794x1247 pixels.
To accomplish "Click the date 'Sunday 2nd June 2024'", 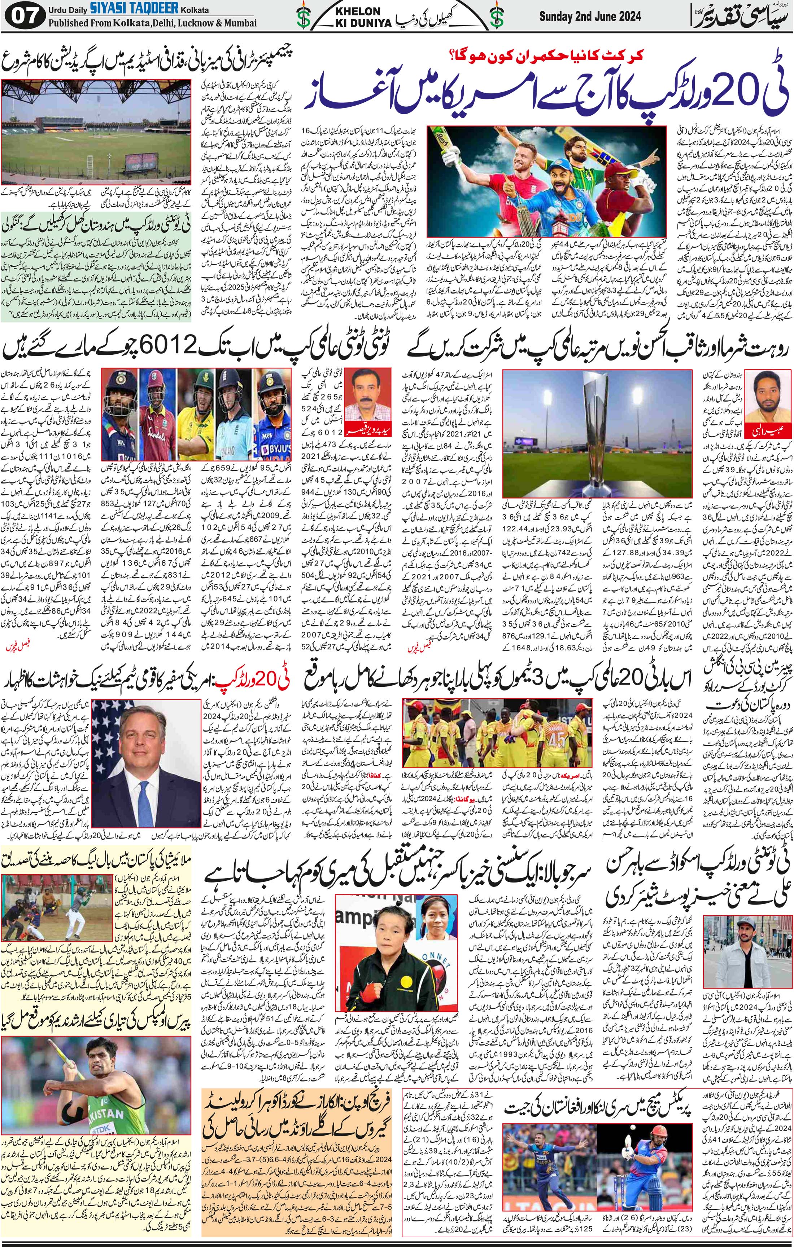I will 589,17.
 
